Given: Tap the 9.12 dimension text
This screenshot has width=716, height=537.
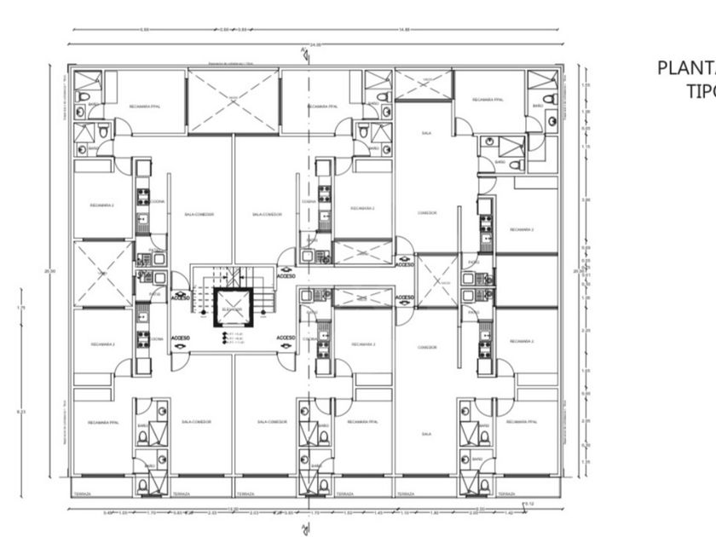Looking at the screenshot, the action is pyautogui.click(x=529, y=505).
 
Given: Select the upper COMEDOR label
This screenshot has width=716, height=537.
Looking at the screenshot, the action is pyautogui.click(x=427, y=213).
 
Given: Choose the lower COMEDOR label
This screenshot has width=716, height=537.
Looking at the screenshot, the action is pyautogui.click(x=427, y=348).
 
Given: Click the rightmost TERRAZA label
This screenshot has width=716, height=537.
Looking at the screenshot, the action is pyautogui.click(x=506, y=494).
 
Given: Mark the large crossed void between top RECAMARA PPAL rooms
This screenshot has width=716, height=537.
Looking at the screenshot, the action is pyautogui.click(x=233, y=101).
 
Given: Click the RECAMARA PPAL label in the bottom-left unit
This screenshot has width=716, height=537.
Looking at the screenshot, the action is pyautogui.click(x=102, y=422).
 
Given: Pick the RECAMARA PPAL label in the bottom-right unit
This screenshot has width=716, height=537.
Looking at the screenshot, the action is pyautogui.click(x=522, y=422).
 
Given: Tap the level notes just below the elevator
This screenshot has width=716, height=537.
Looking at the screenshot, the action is pyautogui.click(x=233, y=337).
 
